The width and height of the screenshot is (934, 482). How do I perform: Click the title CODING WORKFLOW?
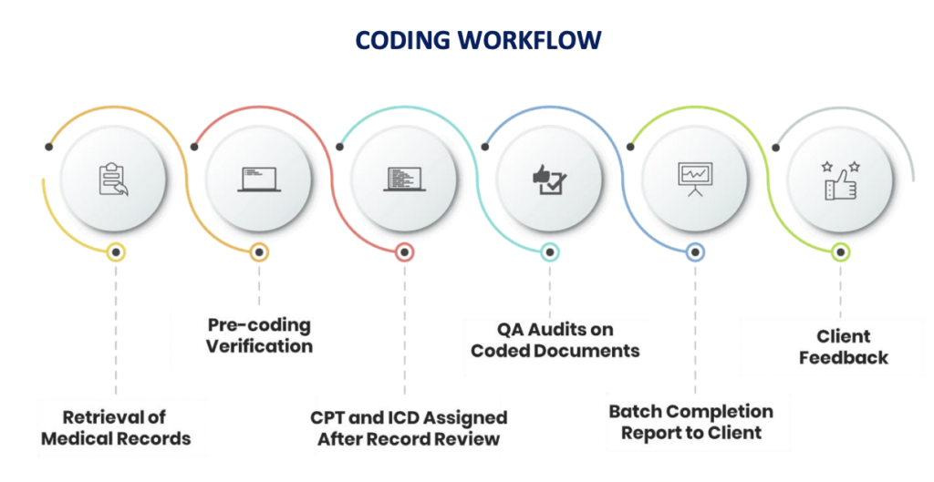coord(478,40)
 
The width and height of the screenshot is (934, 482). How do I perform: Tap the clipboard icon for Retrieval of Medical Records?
coord(114,178)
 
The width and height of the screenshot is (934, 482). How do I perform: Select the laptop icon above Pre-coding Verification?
coord(259,178)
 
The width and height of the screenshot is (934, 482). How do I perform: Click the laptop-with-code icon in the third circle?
coord(403,178)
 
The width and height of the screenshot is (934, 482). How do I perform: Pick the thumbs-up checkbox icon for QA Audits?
coord(550,178)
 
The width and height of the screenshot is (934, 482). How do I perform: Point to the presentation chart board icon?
coord(695,178)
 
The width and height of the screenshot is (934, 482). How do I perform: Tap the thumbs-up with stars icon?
coord(841,178)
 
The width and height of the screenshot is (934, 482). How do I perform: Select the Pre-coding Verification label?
coord(259,335)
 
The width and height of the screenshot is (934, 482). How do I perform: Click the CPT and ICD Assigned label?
coord(408,427)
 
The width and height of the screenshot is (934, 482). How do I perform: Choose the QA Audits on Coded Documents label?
coord(555,339)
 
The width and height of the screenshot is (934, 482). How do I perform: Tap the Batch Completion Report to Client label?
coord(690,422)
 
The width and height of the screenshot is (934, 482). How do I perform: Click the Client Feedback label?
coord(843,347)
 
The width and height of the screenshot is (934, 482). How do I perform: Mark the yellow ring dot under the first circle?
coord(115,252)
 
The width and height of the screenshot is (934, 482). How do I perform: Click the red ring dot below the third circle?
coord(404,252)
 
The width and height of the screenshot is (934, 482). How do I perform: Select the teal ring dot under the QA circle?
coord(549,252)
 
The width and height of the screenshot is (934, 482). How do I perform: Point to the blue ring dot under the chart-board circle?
coord(695,252)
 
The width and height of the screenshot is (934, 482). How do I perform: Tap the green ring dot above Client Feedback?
coord(841,252)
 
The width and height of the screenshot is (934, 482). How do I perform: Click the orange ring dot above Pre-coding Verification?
coord(259,252)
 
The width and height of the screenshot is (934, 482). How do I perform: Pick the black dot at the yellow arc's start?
coord(49,146)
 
